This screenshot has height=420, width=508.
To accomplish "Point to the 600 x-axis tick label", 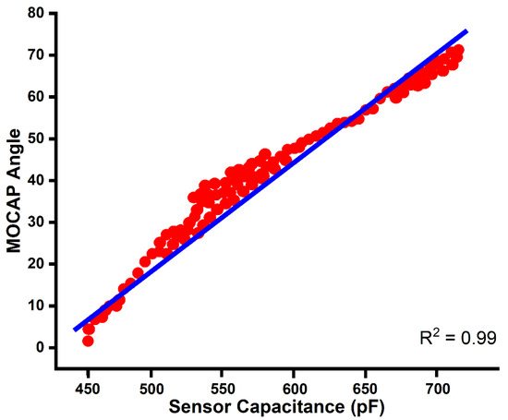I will tap(294, 378).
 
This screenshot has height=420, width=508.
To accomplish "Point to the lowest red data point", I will tap(88, 341).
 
